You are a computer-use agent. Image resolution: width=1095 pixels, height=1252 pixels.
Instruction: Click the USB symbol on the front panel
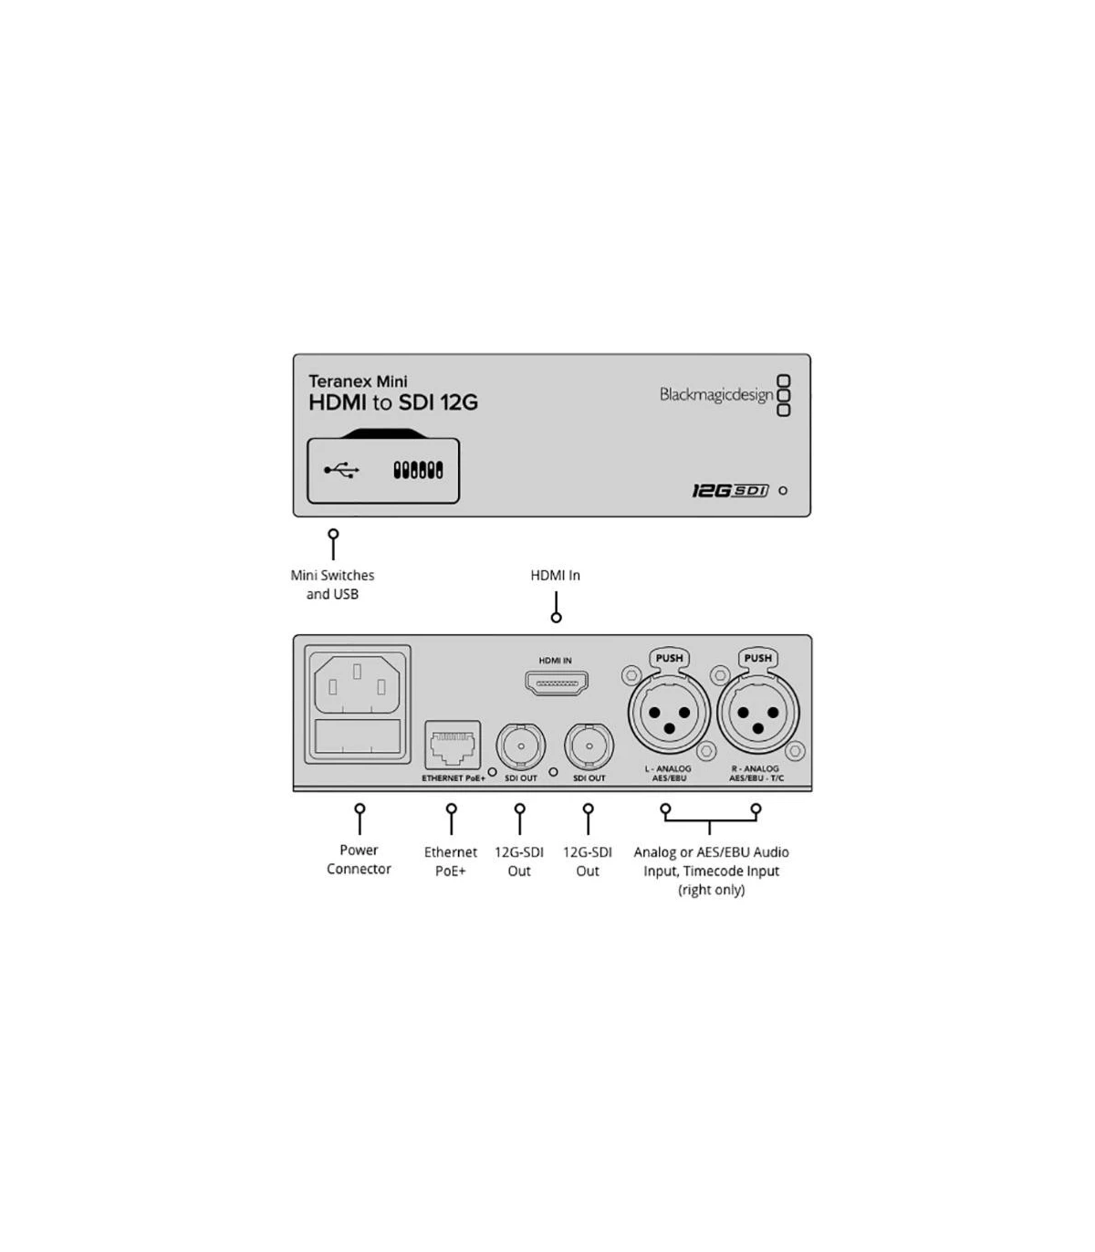341,470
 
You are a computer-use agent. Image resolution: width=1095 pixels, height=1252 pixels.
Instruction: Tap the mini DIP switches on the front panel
418,470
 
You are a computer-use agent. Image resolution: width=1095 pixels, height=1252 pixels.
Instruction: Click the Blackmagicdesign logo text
715,395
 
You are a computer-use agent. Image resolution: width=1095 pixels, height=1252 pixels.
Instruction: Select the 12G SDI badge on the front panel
730,490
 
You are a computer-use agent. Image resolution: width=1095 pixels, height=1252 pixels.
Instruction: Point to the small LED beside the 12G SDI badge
782,491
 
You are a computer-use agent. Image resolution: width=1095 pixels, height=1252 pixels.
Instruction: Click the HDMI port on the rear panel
556,683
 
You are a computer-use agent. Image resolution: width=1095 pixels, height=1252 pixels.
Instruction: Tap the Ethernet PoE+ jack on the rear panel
453,745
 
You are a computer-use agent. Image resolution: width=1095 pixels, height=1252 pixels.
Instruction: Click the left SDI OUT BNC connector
521,746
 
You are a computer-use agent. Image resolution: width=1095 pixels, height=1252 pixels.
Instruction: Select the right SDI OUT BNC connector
589,746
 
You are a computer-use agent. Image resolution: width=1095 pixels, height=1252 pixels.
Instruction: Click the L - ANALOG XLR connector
669,713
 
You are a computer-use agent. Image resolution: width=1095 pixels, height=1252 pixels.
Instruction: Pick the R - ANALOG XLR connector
758,713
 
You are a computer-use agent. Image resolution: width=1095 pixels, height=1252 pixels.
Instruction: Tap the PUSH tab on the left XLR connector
669,658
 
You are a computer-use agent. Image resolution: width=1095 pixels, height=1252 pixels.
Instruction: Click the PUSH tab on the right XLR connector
758,658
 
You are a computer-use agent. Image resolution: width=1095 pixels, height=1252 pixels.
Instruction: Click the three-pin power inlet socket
358,684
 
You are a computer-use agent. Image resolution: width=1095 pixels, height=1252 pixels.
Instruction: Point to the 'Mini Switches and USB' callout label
332,584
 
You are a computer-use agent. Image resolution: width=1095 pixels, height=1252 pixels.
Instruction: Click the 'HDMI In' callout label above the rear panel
556,575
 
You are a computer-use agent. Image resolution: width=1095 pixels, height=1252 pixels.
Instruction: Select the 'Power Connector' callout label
360,859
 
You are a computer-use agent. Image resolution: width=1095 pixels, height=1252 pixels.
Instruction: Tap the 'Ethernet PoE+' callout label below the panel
451,861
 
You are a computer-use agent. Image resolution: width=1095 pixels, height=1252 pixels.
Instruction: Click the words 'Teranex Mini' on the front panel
358,381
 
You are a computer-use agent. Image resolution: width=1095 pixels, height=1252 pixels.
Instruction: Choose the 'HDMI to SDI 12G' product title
393,402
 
